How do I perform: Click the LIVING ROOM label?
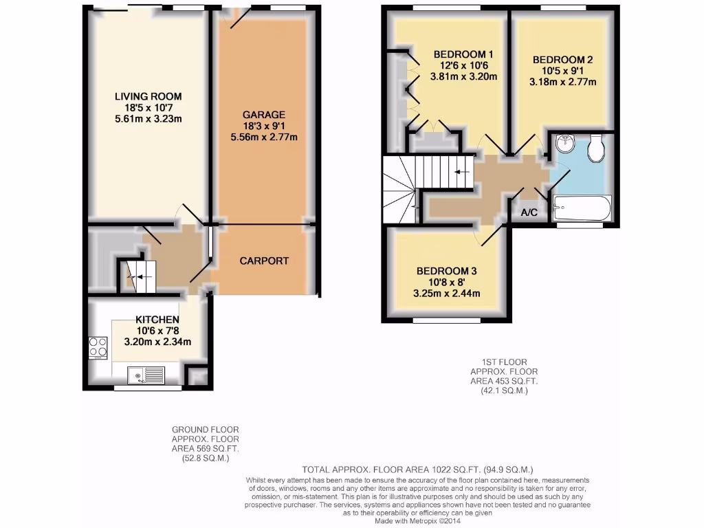point(148,96)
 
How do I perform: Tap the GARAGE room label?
point(264,114)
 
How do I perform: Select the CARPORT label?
point(264,261)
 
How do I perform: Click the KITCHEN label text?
point(157,320)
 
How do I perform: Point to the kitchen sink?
point(146,375)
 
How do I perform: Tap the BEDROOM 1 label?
point(463,54)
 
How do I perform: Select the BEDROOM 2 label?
point(562,60)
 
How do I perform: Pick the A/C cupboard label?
point(529,213)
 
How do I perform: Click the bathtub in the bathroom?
point(582,207)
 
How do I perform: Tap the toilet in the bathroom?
point(596,147)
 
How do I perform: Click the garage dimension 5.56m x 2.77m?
point(264,137)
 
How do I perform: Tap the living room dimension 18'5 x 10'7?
point(148,107)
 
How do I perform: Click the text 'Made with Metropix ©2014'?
point(417,520)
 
